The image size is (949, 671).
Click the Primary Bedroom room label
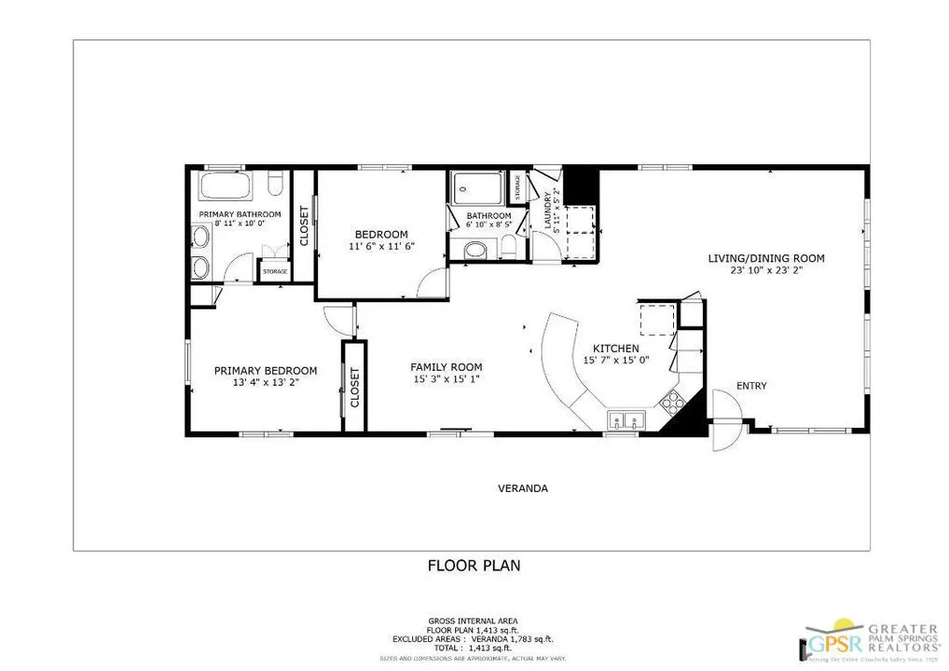(x=266, y=370)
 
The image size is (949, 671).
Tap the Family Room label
(x=447, y=366)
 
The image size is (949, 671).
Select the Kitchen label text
(x=610, y=348)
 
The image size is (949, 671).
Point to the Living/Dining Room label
(x=766, y=258)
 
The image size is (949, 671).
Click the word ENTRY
(x=751, y=386)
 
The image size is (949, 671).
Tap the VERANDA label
(x=522, y=488)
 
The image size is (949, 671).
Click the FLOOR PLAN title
(x=474, y=565)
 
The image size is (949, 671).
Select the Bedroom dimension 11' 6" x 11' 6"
(x=381, y=246)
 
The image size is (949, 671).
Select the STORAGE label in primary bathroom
(x=275, y=272)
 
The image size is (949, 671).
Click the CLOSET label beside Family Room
(x=354, y=386)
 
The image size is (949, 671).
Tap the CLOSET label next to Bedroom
(x=304, y=226)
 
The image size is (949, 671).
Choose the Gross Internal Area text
(x=473, y=621)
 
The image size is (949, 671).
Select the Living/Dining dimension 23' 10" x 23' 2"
(x=766, y=273)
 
